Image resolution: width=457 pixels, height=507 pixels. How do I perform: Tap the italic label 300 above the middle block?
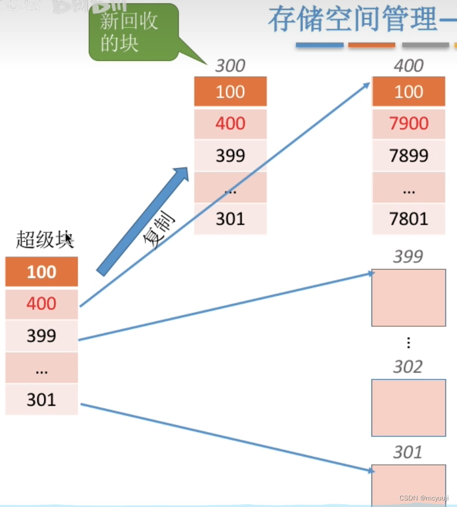coord(230,66)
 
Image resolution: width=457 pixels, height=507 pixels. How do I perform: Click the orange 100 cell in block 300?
coord(230,91)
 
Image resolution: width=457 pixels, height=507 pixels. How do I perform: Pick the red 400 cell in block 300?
coord(230,124)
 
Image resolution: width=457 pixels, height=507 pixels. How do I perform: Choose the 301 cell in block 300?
coord(230,219)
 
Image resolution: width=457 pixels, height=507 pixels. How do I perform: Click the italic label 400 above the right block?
coord(408,66)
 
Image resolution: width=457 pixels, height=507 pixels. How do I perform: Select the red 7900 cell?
coord(408,124)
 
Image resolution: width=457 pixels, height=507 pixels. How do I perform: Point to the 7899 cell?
coord(408,155)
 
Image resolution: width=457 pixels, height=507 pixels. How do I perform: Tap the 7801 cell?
coord(408,219)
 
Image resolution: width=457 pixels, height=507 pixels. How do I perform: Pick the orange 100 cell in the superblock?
coord(42,272)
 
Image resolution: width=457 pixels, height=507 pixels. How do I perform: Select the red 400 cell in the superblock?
coord(42,304)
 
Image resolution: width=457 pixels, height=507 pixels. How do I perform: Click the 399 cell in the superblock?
coord(42,336)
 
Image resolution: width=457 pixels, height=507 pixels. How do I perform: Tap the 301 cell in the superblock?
coord(42,400)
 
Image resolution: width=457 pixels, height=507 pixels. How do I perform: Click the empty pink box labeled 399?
coord(408,298)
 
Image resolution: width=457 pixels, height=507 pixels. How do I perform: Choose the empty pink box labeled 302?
coord(408,407)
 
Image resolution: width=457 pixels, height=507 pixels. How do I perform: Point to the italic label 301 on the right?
coord(408,452)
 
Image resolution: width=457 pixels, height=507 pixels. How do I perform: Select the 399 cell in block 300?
coord(230,155)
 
